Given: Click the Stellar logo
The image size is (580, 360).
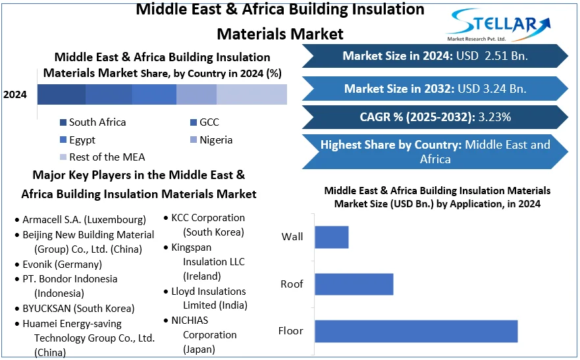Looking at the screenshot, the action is click(x=498, y=25).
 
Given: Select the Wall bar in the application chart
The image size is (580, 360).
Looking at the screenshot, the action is click(x=331, y=237).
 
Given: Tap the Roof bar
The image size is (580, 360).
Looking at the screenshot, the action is click(x=354, y=284).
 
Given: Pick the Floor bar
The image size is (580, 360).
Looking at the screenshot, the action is click(x=416, y=331).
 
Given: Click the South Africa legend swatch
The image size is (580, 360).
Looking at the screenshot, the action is click(x=63, y=122).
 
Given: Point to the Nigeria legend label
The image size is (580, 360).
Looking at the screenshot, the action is click(x=216, y=140).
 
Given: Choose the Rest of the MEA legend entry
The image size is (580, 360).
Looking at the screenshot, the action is click(x=103, y=157).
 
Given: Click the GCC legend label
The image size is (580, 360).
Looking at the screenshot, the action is click(x=209, y=122).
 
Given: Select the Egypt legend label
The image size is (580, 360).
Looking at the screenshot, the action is click(x=82, y=140).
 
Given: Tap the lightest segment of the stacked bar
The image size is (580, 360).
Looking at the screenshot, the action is click(x=251, y=94).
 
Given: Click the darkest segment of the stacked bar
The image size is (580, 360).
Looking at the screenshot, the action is click(x=61, y=94).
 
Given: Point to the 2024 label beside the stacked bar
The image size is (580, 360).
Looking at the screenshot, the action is click(x=15, y=95).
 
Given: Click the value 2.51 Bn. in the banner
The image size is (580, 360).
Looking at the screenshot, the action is click(x=506, y=56).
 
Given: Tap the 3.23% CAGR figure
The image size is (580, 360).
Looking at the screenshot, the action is click(x=494, y=117).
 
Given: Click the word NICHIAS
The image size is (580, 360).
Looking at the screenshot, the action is click(x=190, y=320).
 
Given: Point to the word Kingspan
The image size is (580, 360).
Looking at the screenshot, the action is click(x=191, y=247).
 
